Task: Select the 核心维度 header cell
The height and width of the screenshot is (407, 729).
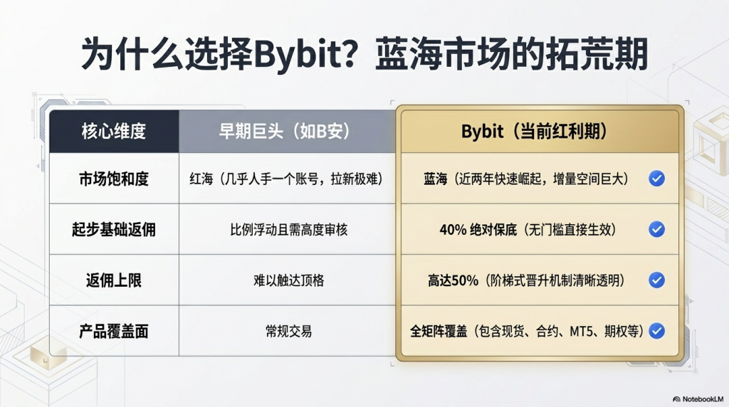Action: [x=114, y=132]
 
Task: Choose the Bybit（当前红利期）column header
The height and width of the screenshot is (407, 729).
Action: [x=540, y=132]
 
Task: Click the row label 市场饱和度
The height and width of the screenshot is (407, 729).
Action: [x=114, y=179]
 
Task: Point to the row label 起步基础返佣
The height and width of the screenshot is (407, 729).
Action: [x=114, y=230]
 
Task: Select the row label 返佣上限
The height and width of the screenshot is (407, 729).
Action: [x=114, y=280]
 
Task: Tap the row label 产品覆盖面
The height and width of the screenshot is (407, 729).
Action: [x=114, y=332]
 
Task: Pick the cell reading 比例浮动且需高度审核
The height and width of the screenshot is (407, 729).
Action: [x=289, y=230]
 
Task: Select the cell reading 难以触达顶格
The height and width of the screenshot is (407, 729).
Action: [x=289, y=280]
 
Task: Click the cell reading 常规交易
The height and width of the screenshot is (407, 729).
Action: [x=289, y=332]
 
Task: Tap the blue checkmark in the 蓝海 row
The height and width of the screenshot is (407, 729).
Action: [x=656, y=179]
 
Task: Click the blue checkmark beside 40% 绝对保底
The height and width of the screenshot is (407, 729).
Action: [x=656, y=229]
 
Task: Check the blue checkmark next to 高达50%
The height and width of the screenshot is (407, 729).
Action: [x=656, y=280]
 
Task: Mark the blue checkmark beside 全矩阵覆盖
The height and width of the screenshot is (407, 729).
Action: [x=656, y=331]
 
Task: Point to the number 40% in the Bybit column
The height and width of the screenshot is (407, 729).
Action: [x=453, y=230]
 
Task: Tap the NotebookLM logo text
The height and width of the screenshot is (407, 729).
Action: [x=702, y=399]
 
